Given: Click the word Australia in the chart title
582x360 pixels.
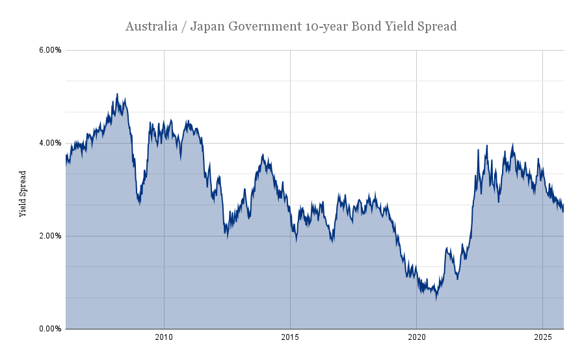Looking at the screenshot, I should coord(149,27).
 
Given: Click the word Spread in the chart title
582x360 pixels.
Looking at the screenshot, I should coord(436,27).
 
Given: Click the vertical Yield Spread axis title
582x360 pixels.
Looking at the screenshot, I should coord(23,194).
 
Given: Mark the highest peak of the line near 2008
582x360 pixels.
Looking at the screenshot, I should coord(117,94).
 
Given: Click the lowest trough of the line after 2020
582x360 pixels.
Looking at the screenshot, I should coord(436,300).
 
